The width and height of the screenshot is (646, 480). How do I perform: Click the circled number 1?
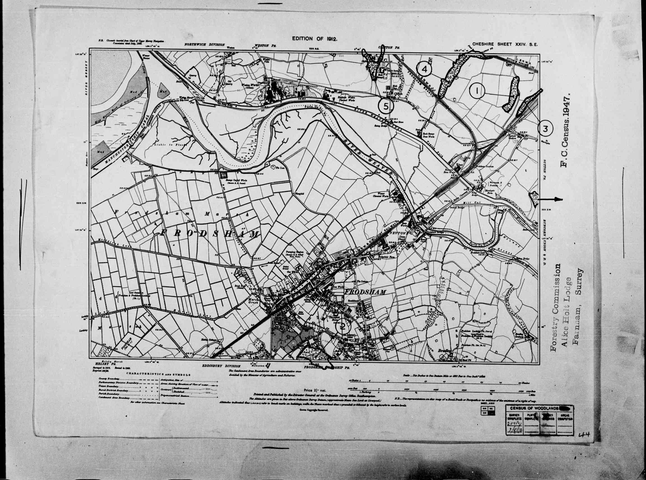pos(477,91)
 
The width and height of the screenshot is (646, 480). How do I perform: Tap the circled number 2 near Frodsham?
pos(343,327)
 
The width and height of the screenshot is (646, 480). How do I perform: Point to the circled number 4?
pos(424,69)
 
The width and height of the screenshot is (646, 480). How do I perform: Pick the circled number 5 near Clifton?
pos(386,106)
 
